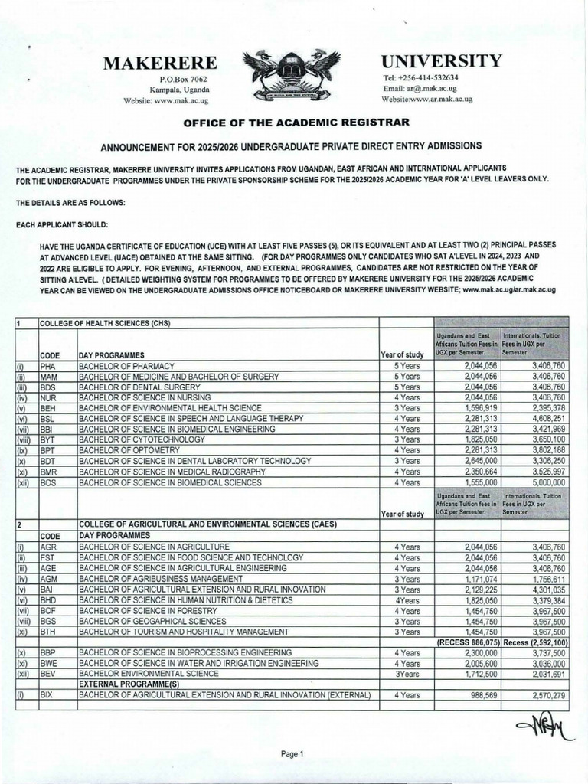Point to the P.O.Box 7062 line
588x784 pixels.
coord(183,80)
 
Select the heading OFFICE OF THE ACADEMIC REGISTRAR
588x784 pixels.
coord(294,122)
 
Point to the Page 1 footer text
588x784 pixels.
coord(292,754)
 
